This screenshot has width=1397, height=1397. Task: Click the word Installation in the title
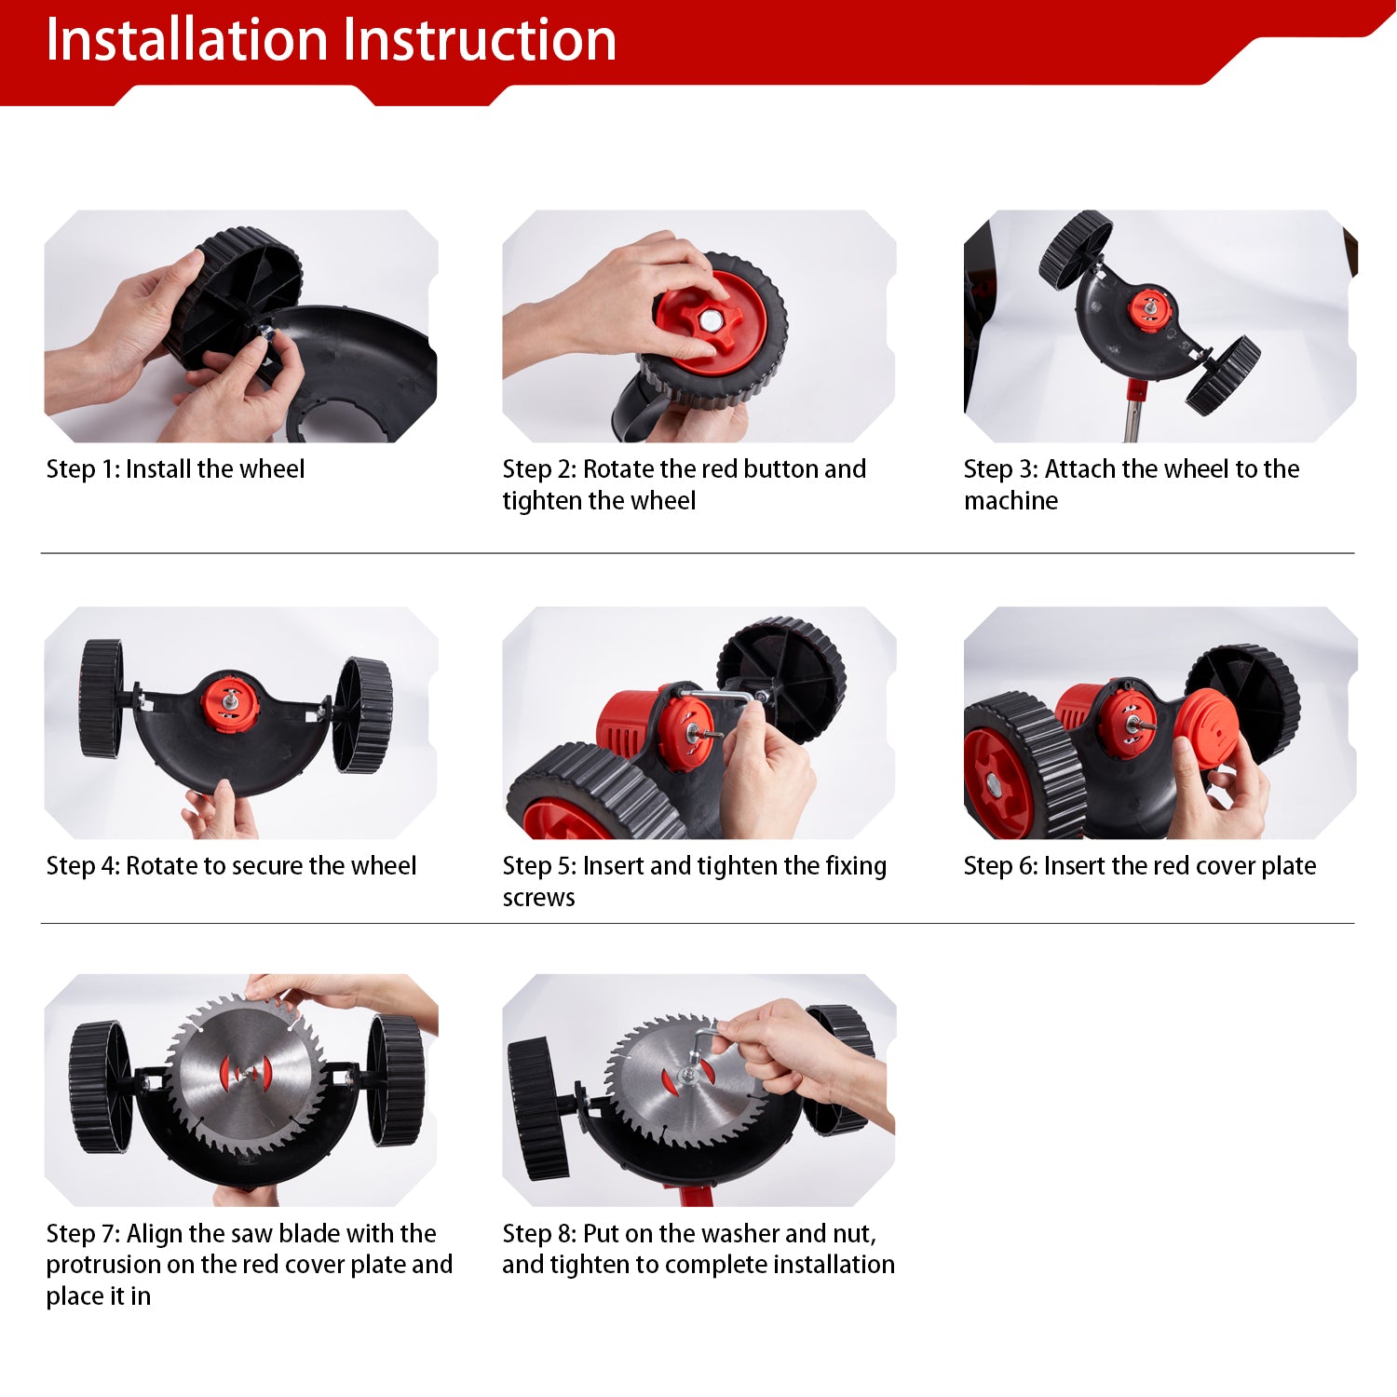coord(187,40)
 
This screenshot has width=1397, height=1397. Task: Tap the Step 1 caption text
coord(175,468)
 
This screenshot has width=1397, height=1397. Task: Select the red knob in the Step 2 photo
coord(698,316)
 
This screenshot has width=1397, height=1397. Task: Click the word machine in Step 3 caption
coord(1010,501)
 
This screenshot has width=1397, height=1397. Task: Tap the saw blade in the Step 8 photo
coord(683,1081)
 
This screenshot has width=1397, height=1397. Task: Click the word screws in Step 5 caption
coord(538,898)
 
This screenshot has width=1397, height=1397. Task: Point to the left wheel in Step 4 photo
coord(102,698)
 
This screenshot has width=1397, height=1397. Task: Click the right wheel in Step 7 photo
coord(395,1079)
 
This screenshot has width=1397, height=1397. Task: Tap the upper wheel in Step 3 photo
coord(1075,248)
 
